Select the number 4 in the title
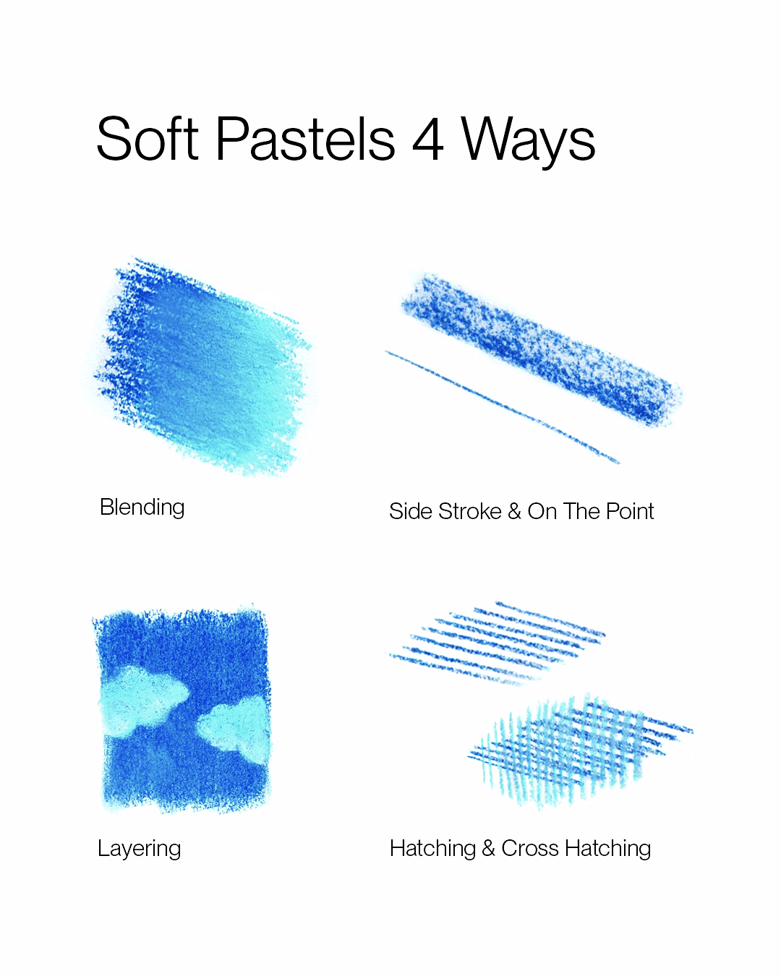(427, 139)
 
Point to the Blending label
(142, 507)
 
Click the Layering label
(140, 849)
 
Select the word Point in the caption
(630, 512)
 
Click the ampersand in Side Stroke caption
(514, 512)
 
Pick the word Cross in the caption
(529, 848)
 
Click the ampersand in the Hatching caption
(488, 848)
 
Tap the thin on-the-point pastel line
(503, 407)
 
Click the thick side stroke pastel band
(542, 349)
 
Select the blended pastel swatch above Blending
(202, 367)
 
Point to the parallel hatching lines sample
(497, 643)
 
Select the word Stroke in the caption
(470, 512)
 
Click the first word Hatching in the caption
(432, 849)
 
